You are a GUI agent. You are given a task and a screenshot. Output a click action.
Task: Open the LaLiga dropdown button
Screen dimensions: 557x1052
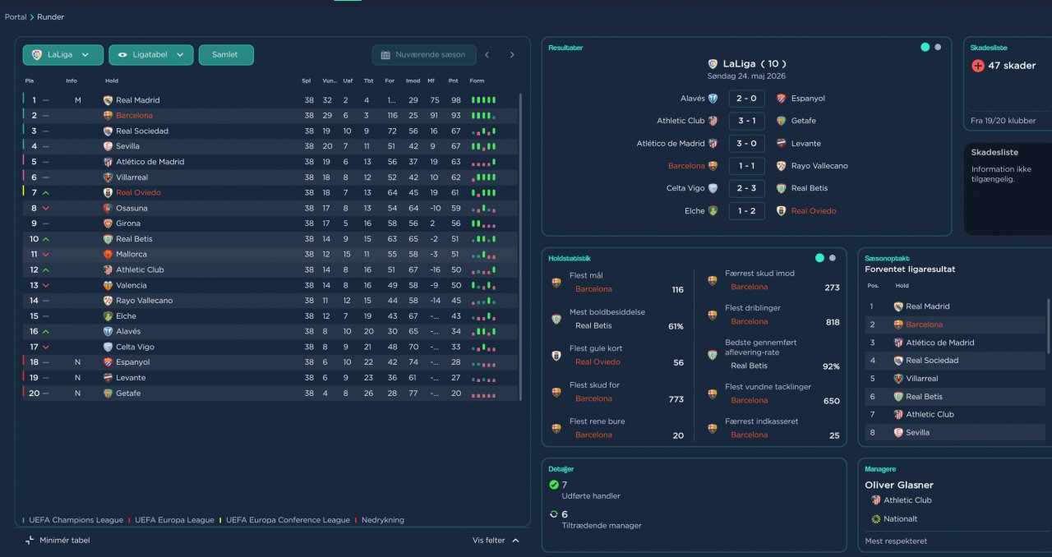tap(62, 55)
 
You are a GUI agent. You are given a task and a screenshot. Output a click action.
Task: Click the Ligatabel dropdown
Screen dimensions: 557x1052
tap(150, 55)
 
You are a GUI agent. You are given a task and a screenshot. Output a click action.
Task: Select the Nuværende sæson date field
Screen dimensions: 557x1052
tap(423, 55)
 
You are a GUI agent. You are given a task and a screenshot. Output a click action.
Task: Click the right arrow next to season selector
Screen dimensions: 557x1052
tap(512, 55)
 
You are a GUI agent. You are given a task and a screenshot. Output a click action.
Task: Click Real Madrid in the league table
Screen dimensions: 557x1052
tap(137, 100)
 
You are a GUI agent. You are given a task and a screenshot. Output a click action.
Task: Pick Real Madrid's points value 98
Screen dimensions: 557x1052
tap(455, 100)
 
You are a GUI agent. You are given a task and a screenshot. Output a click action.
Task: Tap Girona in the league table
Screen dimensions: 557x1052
tap(127, 223)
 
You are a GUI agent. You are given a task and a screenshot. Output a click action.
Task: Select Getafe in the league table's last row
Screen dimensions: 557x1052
tap(127, 394)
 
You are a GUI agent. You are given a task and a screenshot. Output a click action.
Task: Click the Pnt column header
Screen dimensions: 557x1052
tap(453, 81)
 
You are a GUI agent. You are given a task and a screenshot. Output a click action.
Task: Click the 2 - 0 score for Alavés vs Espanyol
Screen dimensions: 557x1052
tap(747, 99)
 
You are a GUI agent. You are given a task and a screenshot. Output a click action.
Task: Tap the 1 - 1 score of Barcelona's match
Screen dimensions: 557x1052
tap(747, 166)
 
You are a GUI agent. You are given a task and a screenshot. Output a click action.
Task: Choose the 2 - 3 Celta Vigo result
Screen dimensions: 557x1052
tap(747, 188)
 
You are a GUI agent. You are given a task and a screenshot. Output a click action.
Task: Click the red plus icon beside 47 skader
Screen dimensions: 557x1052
tap(978, 66)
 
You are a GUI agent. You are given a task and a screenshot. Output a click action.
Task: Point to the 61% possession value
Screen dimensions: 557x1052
tap(676, 327)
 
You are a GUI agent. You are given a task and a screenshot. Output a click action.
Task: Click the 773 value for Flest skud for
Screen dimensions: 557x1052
tap(676, 399)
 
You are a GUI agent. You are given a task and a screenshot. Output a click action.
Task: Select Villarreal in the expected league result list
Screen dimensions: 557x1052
tap(921, 379)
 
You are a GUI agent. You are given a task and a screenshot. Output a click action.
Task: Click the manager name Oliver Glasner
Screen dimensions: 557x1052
tap(899, 486)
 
